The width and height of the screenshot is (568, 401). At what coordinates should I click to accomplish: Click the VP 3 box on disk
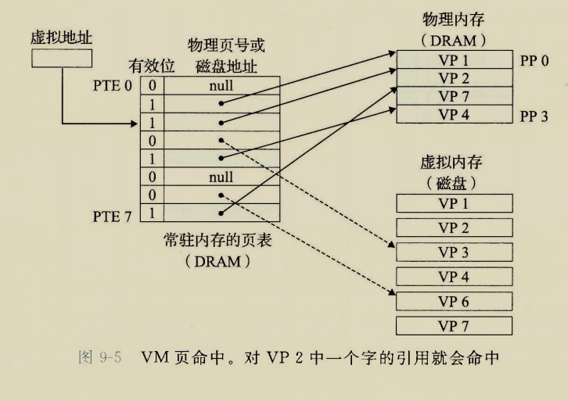point(453,252)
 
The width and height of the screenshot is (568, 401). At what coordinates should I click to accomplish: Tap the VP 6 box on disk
point(453,301)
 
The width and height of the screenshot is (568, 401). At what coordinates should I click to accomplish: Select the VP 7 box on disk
point(453,325)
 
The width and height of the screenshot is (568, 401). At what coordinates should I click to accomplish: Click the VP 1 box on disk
point(453,204)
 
